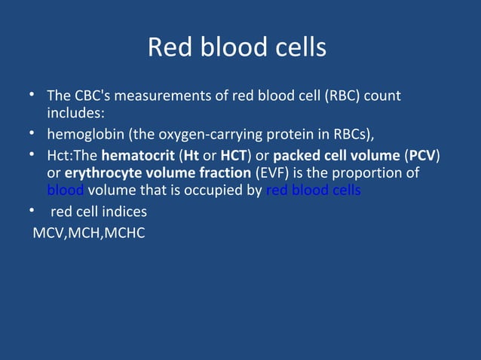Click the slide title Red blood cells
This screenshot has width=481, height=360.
pos(237,47)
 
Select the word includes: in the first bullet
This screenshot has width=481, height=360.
pos(75,113)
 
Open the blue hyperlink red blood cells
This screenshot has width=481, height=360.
pos(313,190)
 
